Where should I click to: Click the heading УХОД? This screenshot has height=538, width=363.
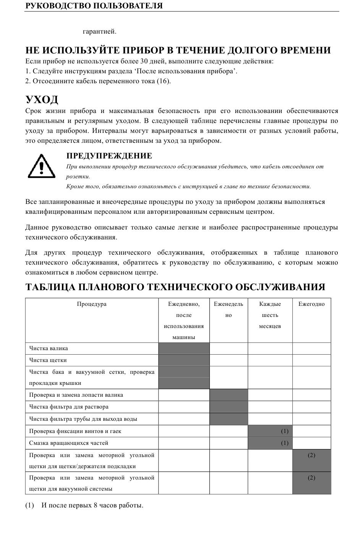(x=42, y=100)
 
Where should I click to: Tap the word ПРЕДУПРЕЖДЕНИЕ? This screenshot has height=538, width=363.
(x=109, y=156)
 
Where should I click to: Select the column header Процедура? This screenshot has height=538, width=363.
(x=92, y=304)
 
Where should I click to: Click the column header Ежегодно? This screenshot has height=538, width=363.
(x=311, y=304)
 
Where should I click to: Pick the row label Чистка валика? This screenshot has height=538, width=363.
(x=49, y=348)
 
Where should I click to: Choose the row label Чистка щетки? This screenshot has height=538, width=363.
(x=48, y=360)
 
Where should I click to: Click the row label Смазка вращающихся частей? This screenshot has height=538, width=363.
(x=69, y=443)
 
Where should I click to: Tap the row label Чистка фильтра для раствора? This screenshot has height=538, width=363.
(x=69, y=407)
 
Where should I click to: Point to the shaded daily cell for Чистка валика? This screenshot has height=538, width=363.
(x=184, y=348)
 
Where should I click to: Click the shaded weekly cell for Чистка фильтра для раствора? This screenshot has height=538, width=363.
(x=228, y=407)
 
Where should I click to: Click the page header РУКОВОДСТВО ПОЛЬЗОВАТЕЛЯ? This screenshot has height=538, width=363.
(x=94, y=6)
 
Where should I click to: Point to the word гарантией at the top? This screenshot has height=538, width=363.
(x=99, y=32)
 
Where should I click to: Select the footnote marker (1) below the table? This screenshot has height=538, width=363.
(x=29, y=505)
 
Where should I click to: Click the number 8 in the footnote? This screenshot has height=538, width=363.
(x=95, y=505)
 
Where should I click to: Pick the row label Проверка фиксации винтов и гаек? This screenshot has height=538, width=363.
(x=75, y=431)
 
